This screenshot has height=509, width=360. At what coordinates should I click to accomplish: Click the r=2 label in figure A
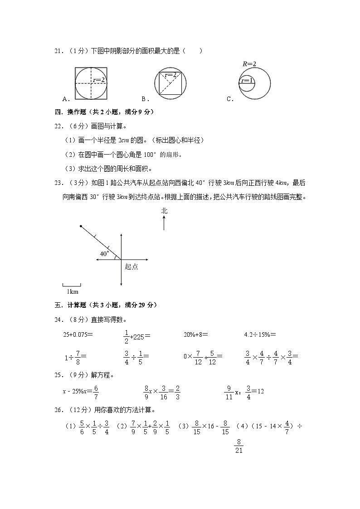click(x=99, y=80)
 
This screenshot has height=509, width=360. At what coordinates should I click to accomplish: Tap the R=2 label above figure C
click(x=249, y=64)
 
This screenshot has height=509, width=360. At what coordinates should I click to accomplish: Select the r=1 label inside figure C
click(x=247, y=81)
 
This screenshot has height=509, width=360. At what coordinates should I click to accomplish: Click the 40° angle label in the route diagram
click(x=104, y=253)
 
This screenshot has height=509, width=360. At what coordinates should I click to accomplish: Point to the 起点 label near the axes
click(x=131, y=267)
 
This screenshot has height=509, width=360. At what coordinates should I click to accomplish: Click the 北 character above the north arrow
click(x=164, y=211)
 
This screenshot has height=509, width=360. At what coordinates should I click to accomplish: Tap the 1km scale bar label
click(x=72, y=291)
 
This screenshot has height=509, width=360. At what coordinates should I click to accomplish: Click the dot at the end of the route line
click(x=81, y=226)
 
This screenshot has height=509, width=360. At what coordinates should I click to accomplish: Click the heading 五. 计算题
click(x=105, y=305)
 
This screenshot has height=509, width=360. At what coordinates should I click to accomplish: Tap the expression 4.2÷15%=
click(x=260, y=335)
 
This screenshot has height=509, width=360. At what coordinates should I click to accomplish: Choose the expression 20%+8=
click(x=195, y=335)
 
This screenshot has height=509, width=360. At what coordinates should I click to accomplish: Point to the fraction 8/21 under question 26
click(x=238, y=446)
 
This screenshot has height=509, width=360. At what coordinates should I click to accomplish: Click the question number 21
click(x=58, y=51)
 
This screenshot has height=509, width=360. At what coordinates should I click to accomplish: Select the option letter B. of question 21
click(x=145, y=99)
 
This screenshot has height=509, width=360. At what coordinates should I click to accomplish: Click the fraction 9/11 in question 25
click(x=229, y=393)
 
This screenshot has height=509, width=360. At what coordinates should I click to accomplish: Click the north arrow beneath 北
click(x=164, y=223)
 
